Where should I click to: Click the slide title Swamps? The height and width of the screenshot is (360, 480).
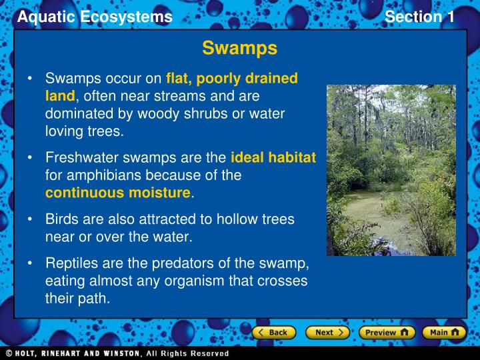coord(239,49)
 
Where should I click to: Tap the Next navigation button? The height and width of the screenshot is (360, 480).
coord(327,332)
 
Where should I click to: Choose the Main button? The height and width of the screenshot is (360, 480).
coord(444,332)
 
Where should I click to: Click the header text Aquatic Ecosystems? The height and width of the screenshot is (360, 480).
coord(95,17)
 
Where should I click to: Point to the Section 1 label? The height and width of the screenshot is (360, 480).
coord(419,17)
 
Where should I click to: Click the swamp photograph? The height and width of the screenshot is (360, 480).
coord(391,170)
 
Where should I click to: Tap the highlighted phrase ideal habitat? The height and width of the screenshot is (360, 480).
coord(273,158)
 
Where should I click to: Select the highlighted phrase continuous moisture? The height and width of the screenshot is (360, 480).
coord(118,193)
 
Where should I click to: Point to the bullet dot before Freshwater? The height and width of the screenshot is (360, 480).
coord(31,159)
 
